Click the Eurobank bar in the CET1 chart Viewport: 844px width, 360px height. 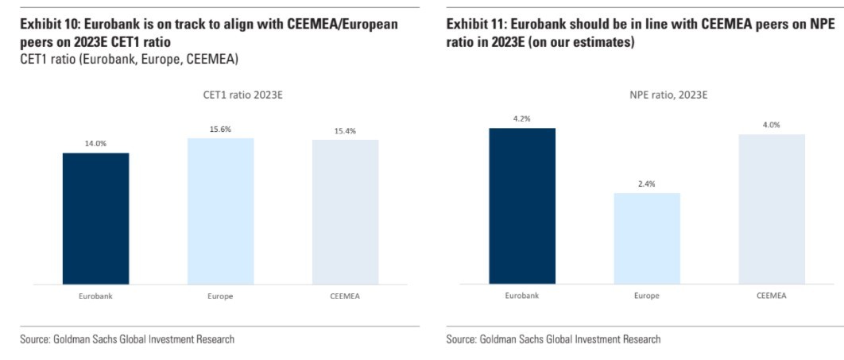point(95,218)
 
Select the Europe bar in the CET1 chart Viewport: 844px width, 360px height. point(220,211)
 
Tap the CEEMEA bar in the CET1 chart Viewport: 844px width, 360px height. point(345,211)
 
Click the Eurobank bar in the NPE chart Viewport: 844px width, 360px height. point(522,205)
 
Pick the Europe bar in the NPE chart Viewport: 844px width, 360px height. point(647,238)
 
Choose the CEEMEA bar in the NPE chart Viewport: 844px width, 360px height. point(772,208)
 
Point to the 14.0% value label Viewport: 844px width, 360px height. point(95,144)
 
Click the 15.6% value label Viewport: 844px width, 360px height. point(220,129)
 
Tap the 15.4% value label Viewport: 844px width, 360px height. point(345,131)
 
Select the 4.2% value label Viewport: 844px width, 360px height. point(522,118)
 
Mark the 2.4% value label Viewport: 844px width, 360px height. point(647,184)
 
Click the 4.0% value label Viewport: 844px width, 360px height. point(772,125)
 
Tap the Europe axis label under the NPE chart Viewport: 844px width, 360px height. point(647,296)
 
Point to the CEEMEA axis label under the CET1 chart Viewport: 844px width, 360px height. point(345,296)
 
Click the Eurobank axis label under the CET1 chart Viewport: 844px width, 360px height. point(95,296)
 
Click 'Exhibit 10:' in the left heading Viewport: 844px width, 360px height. point(50,25)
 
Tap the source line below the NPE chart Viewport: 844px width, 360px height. point(553,339)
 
